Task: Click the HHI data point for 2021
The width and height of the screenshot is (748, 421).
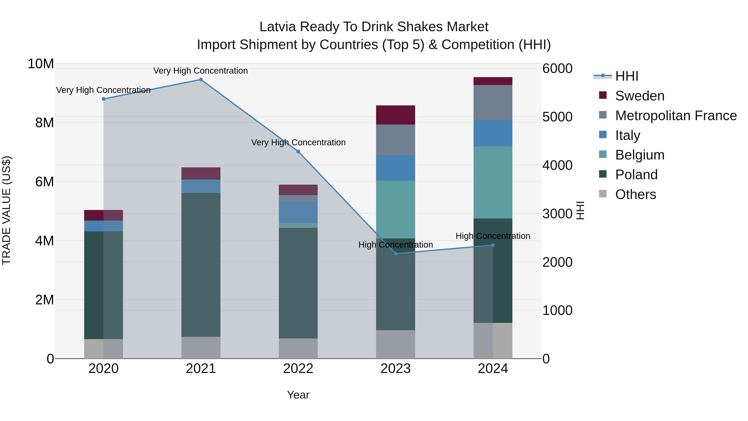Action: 201,80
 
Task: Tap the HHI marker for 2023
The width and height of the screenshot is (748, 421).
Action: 395,254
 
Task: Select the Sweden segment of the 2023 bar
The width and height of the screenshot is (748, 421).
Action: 395,115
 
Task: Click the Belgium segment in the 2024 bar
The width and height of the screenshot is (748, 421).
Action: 493,183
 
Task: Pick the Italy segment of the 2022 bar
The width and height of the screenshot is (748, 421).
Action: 298,212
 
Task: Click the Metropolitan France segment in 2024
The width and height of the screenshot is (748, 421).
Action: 493,102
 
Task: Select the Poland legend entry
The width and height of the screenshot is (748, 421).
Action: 636,175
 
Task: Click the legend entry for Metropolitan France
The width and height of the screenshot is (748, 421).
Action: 675,116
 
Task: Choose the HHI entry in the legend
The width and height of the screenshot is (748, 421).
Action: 626,76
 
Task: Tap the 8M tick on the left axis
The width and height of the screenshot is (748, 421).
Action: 44,123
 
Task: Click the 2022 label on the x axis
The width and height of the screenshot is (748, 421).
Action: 298,369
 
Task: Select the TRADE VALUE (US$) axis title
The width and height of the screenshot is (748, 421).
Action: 6,210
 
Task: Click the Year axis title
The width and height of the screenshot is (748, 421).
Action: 298,395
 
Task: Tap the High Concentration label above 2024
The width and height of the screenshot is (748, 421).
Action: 493,236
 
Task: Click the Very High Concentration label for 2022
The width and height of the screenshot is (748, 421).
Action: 298,142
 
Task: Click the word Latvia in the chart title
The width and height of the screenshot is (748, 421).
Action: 278,27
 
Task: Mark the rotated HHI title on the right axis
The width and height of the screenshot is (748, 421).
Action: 580,210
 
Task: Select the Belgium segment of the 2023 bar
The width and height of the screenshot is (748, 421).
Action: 395,210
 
